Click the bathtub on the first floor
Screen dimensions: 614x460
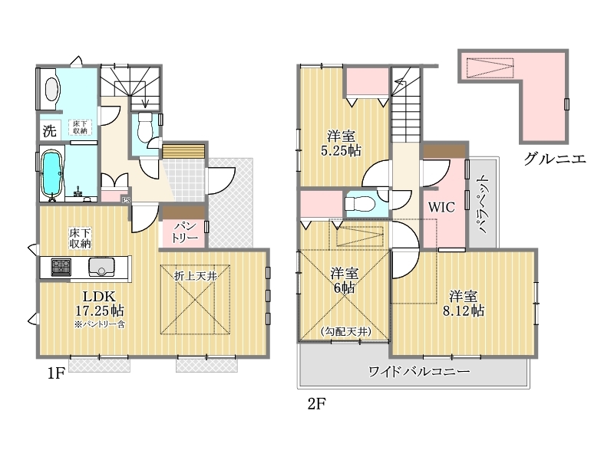point(51,174)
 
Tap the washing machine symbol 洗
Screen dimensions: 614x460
point(49,130)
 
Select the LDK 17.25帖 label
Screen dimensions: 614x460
point(100,304)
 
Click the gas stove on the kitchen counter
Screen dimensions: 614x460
point(61,267)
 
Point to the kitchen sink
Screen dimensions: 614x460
point(101,267)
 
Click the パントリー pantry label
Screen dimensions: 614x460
point(184,232)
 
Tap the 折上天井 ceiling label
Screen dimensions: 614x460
point(196,276)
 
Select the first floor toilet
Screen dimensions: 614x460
point(145,127)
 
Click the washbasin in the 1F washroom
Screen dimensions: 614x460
point(51,89)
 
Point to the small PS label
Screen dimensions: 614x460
point(126,200)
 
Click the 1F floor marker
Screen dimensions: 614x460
point(55,373)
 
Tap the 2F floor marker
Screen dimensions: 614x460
point(316,403)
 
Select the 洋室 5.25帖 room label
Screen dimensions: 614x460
point(341,143)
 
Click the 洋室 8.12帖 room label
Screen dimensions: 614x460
point(464,303)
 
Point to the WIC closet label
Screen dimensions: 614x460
point(441,207)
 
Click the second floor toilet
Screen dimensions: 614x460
point(359,203)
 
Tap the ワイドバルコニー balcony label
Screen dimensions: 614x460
point(419,371)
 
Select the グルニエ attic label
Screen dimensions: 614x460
point(555,159)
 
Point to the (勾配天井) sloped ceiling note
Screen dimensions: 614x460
point(345,332)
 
